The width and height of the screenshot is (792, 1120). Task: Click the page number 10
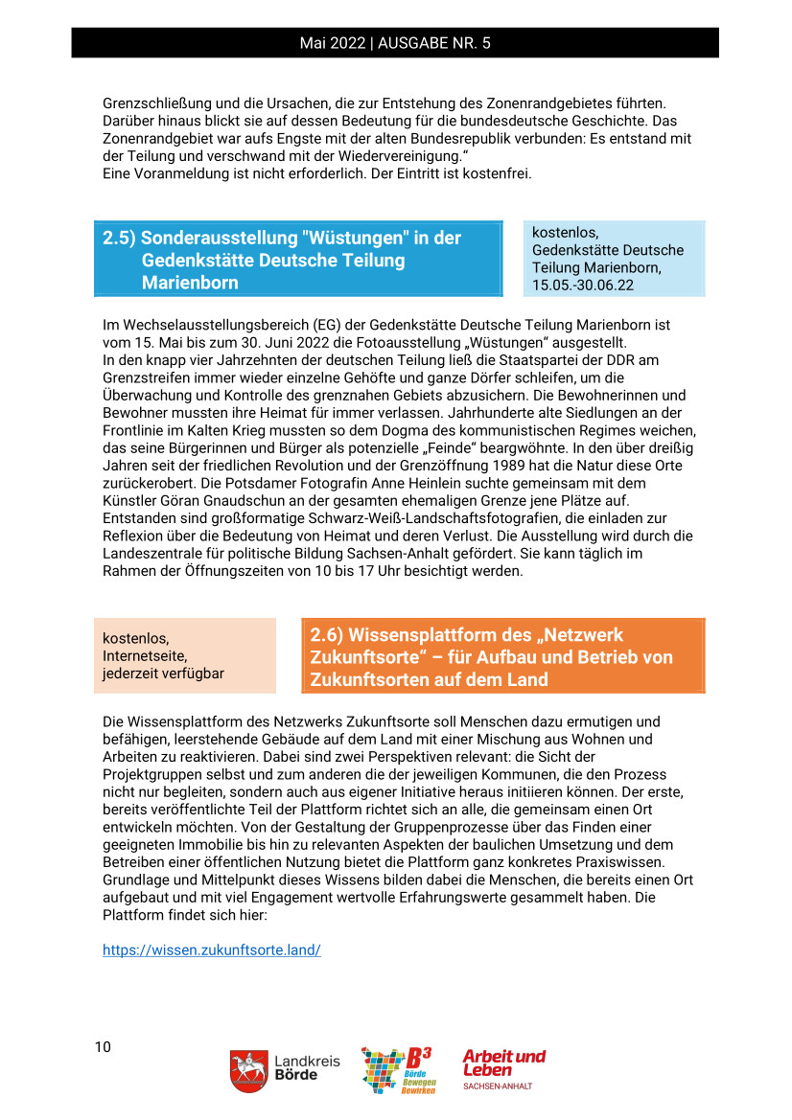pos(103,1046)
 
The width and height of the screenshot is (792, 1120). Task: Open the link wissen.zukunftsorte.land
pos(212,949)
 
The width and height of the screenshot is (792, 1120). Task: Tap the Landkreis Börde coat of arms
pos(248,1070)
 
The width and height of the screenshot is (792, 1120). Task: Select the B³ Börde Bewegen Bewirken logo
pos(397,1070)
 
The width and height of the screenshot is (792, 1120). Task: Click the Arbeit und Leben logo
pos(503,1068)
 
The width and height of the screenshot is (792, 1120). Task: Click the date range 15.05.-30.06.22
pos(583,285)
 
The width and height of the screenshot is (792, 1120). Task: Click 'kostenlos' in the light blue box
pos(566,233)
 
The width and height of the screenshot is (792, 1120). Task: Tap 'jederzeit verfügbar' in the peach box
pos(164,674)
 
